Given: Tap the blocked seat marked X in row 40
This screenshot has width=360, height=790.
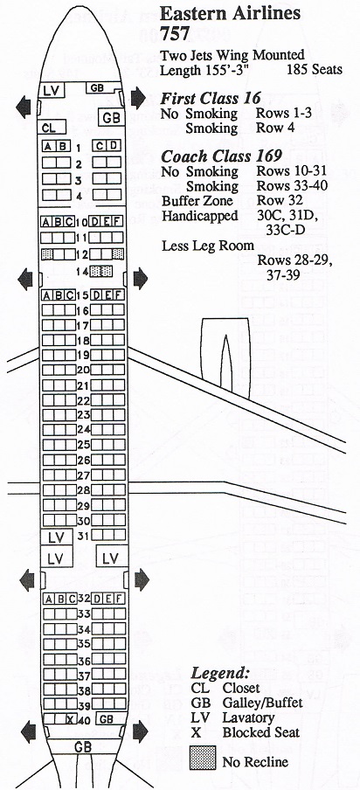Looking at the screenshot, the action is pyautogui.click(x=69, y=720).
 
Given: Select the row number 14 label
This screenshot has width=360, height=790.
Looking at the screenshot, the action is pyautogui.click(x=82, y=271).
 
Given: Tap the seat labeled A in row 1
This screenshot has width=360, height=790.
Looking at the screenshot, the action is pyautogui.click(x=48, y=147).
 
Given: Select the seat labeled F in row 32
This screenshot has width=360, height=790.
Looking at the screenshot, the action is pyautogui.click(x=119, y=599).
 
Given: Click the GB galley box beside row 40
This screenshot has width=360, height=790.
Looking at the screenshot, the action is pyautogui.click(x=107, y=719).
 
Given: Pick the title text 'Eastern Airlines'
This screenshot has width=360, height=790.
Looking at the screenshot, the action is pyautogui.click(x=230, y=14).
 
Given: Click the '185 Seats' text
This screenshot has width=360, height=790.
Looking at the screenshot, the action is pyautogui.click(x=314, y=70).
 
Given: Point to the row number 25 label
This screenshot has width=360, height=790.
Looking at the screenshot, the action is pyautogui.click(x=83, y=445).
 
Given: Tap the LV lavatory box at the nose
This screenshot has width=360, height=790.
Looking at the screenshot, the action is pyautogui.click(x=52, y=90).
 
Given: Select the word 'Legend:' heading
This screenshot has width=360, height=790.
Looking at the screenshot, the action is pyautogui.click(x=220, y=674).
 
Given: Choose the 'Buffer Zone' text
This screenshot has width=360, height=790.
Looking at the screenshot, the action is pyautogui.click(x=197, y=201).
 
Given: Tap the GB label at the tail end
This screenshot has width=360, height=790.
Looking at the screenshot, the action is pyautogui.click(x=83, y=746).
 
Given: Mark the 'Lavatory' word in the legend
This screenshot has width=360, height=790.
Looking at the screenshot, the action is pyautogui.click(x=248, y=717).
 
